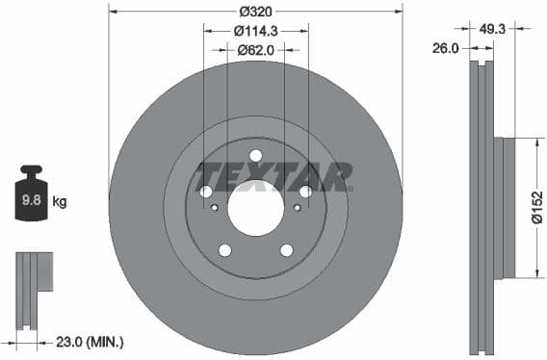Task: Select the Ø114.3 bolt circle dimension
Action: [256, 30]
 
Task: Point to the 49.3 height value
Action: [493, 30]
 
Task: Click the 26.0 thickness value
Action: [445, 48]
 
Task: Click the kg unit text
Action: [60, 202]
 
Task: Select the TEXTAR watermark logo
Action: [274, 177]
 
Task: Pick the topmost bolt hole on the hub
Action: [255, 156]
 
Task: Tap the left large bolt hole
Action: [206, 192]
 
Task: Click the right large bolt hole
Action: [305, 192]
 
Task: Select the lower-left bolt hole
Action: [225, 250]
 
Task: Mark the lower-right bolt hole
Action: [286, 250]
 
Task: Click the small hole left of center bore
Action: [215, 207]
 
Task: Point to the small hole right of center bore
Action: [297, 207]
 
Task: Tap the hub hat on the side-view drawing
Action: [508, 208]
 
